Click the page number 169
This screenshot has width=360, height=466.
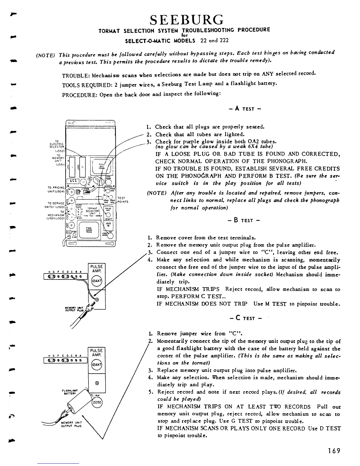click(334, 450)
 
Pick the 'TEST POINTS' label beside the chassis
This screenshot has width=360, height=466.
click(121, 200)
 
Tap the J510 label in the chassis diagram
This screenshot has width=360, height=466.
click(108, 223)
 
